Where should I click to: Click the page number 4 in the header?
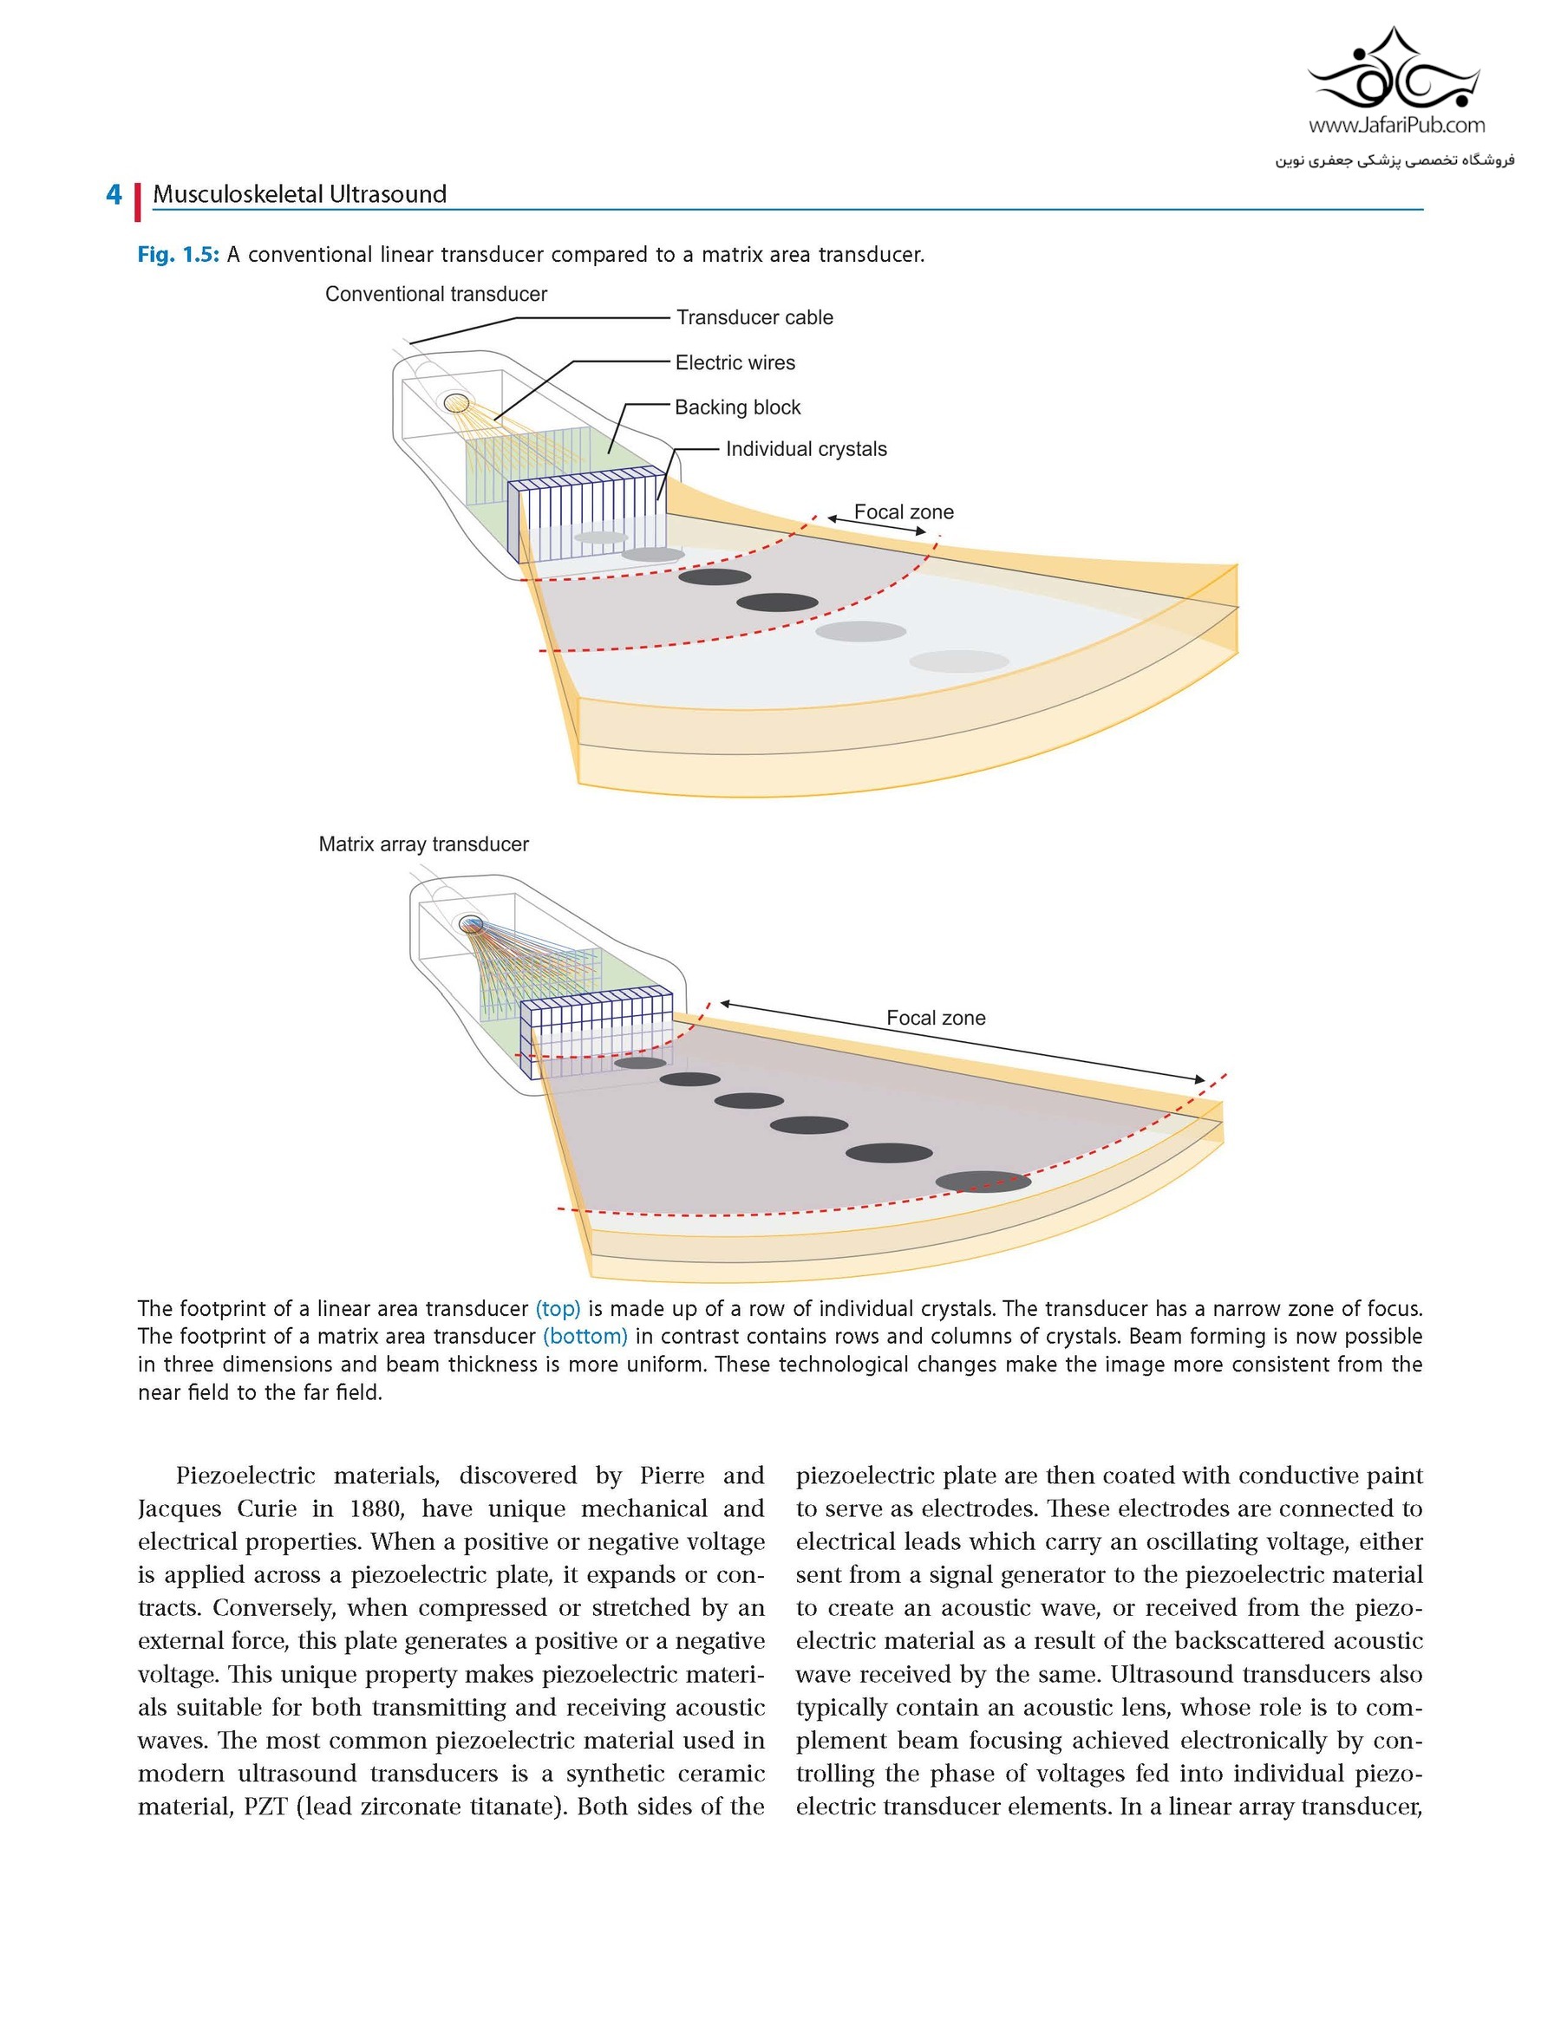tap(114, 194)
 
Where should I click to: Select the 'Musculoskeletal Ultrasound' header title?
tap(299, 194)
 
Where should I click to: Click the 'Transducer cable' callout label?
tap(754, 317)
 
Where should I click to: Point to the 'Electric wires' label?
tap(735, 362)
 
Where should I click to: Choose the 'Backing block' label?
tap(738, 407)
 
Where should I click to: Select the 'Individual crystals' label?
tap(807, 448)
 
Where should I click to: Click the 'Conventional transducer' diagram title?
tap(436, 294)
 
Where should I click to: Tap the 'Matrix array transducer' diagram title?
tap(423, 844)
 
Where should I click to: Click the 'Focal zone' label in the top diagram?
tap(904, 511)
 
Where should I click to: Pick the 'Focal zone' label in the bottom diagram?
tap(936, 1018)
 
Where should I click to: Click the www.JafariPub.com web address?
tap(1396, 126)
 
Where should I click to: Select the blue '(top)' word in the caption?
tap(558, 1309)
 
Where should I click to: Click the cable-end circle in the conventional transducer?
tap(456, 403)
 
